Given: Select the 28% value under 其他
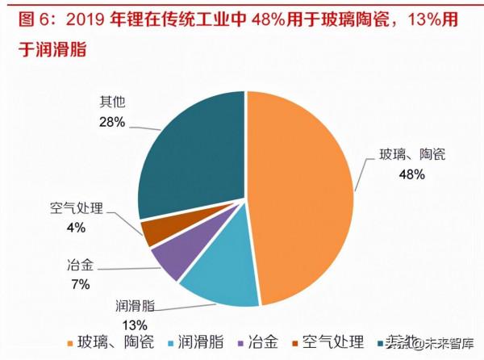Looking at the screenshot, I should pos(112,122).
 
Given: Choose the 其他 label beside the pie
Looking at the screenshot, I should pos(112,103).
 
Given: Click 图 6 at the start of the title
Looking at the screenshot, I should pos(25,17).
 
